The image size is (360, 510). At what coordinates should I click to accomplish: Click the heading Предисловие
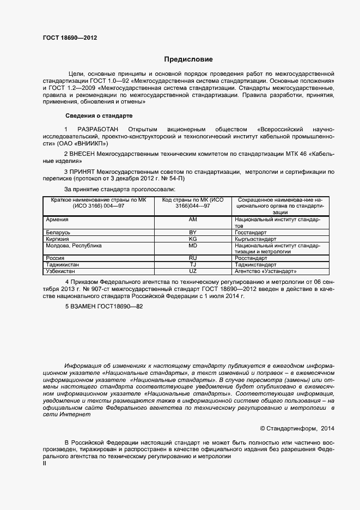188,59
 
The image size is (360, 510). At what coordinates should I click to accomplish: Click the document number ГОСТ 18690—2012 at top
70,38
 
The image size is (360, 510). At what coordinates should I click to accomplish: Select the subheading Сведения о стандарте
98,116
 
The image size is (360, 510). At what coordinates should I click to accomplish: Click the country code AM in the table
192,219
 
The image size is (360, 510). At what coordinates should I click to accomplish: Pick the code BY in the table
192,232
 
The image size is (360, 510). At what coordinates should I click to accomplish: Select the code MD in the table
192,245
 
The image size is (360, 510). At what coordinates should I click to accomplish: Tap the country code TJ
192,264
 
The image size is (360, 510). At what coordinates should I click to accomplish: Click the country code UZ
192,271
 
